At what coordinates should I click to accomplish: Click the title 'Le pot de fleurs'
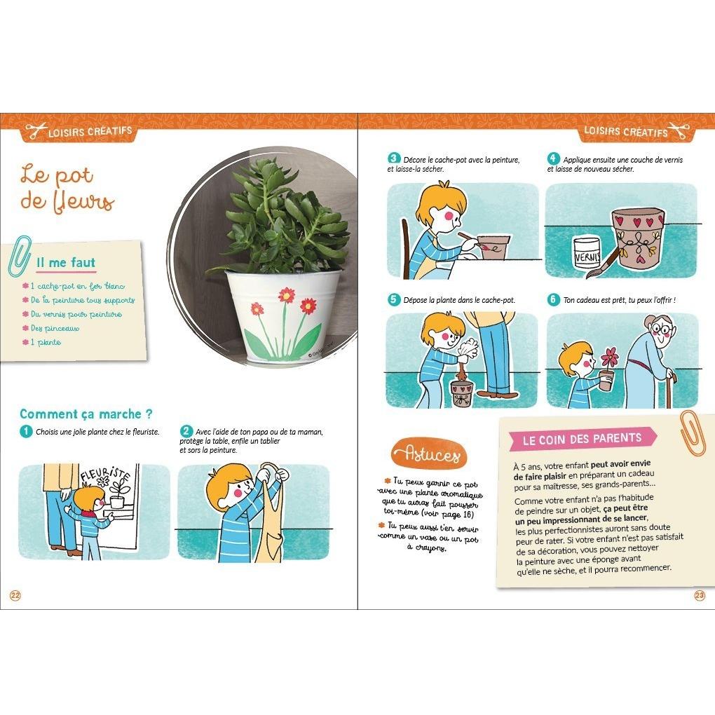coord(66,188)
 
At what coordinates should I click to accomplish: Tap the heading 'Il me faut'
coord(65,263)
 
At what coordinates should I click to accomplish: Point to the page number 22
coord(15,595)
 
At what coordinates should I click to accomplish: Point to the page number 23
coord(699,595)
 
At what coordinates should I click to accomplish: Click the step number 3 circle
coord(393,159)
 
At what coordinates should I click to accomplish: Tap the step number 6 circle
coord(553,299)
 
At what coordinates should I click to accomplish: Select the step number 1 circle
coord(26,431)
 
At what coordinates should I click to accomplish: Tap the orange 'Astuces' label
coord(427,454)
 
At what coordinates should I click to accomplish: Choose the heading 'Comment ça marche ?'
coord(86,414)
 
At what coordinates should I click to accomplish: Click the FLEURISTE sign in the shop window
coord(105,477)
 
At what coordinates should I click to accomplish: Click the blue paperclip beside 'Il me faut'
coord(20,257)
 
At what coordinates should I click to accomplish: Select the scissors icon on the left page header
coord(34,130)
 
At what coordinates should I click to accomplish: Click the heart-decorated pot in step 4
coord(637,238)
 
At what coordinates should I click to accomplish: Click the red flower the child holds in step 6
coord(609,357)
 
